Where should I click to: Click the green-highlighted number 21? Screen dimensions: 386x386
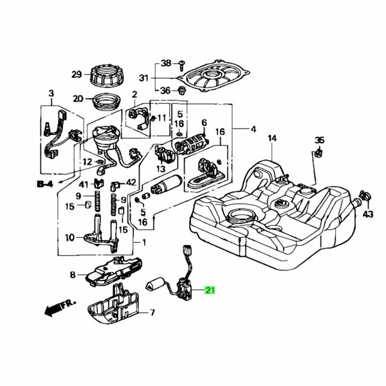click(x=210, y=290)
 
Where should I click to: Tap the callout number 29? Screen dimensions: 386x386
click(x=77, y=74)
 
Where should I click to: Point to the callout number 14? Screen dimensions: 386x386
click(x=271, y=139)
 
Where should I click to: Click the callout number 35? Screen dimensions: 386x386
click(x=320, y=140)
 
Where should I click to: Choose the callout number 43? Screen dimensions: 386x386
click(x=368, y=214)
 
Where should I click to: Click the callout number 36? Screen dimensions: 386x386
click(x=165, y=90)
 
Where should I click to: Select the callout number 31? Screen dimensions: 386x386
click(x=143, y=78)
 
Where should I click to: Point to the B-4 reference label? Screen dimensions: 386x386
click(x=44, y=183)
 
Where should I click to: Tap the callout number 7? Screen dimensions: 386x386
click(x=152, y=313)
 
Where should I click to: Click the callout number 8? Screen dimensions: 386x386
click(x=73, y=275)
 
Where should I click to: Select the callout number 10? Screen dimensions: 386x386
click(x=69, y=237)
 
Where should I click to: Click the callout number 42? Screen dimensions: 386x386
click(x=131, y=183)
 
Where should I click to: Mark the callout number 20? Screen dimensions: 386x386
click(x=78, y=99)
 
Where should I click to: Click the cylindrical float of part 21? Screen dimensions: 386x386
click(x=157, y=284)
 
